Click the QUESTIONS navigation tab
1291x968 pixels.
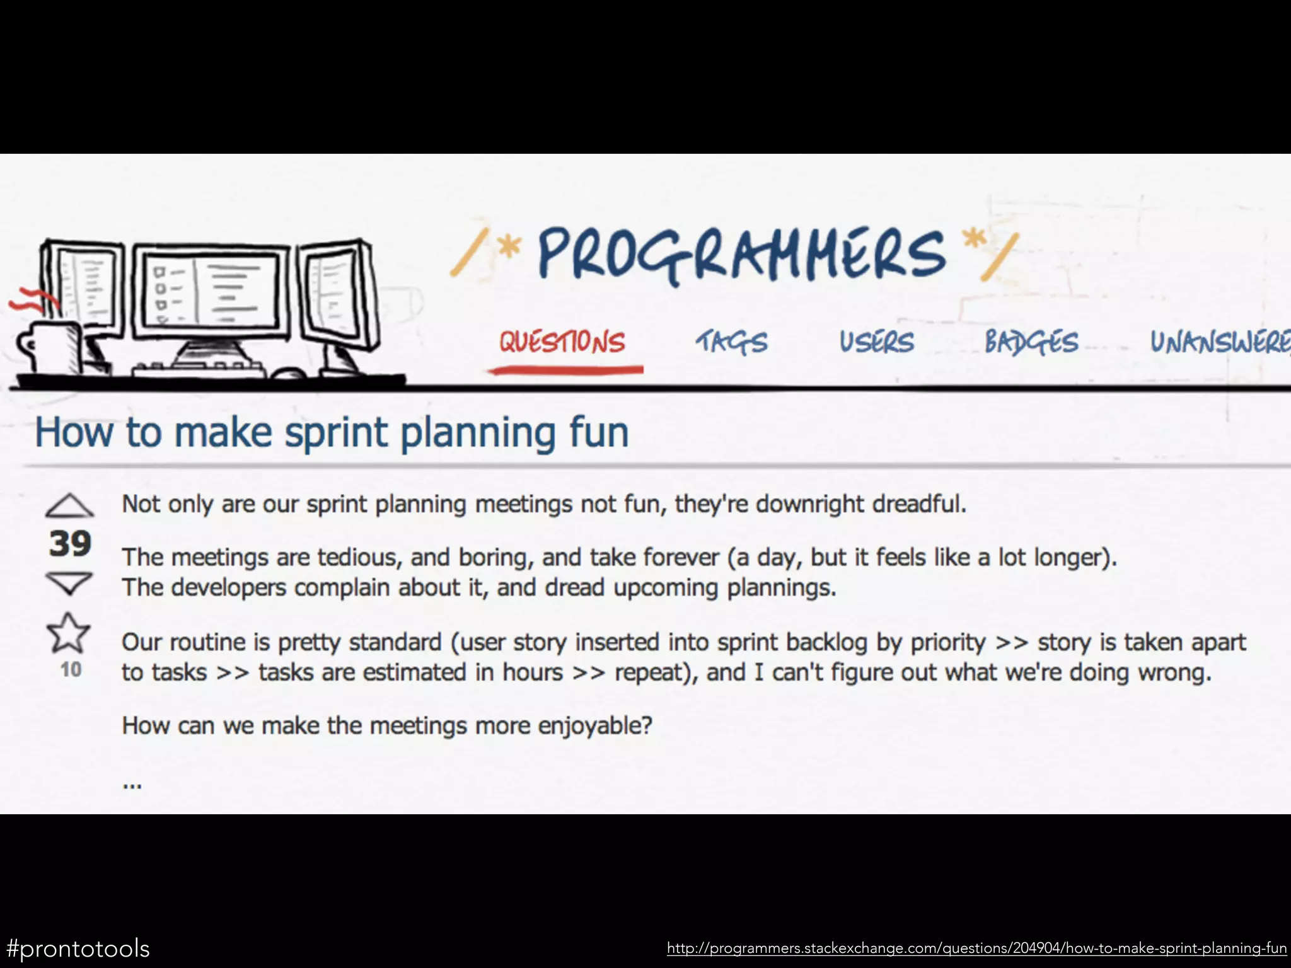point(562,342)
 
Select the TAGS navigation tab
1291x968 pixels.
point(732,342)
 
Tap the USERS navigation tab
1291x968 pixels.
point(876,342)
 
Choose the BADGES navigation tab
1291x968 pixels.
point(1032,342)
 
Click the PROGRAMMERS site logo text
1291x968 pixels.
point(741,254)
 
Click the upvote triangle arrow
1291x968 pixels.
point(69,506)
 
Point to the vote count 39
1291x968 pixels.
point(70,544)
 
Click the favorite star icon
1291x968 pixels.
point(68,633)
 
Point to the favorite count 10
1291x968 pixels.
point(71,669)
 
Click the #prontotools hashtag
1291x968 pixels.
point(78,948)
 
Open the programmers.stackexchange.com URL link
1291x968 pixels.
point(976,948)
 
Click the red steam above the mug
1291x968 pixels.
point(32,301)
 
